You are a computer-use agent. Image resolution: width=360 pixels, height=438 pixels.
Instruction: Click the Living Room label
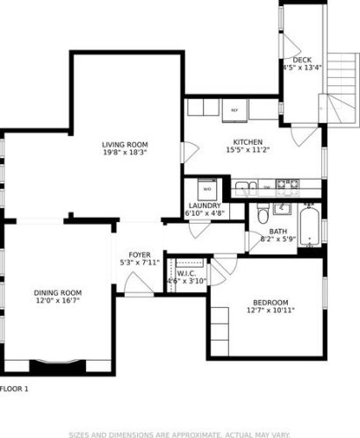(x=124, y=145)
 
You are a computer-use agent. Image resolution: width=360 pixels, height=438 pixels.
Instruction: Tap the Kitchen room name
(x=248, y=142)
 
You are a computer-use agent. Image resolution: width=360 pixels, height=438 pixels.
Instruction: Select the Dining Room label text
(x=58, y=292)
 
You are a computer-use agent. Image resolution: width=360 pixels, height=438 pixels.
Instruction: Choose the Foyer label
(x=140, y=254)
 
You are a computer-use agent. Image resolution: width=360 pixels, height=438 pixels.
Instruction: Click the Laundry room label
(x=204, y=206)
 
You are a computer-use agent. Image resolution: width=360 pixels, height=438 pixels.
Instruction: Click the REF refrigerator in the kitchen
(x=234, y=111)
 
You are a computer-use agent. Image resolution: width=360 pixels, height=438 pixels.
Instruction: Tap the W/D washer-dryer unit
(x=207, y=190)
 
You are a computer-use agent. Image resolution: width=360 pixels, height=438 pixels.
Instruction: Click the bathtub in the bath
(x=310, y=226)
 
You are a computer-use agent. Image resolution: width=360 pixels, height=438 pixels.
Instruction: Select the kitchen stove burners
(x=285, y=185)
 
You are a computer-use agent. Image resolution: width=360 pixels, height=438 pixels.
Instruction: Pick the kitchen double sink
(x=243, y=186)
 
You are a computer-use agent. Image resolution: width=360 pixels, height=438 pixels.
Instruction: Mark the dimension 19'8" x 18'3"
(x=124, y=153)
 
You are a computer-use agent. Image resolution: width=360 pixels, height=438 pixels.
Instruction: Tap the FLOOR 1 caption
(x=15, y=388)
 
